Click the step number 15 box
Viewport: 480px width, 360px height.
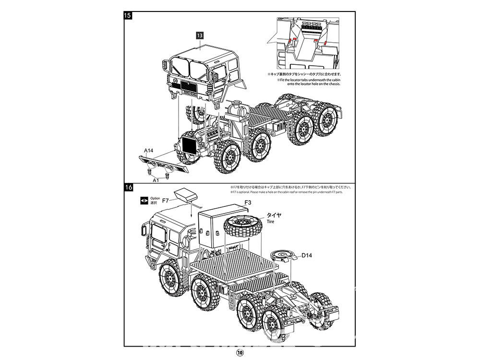tap(128, 15)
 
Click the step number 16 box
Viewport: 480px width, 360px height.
tap(128, 188)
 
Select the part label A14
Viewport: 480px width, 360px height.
tap(149, 151)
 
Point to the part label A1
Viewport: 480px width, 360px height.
tap(156, 180)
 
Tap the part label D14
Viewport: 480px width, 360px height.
tap(307, 255)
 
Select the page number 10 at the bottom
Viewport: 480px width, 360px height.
tap(240, 352)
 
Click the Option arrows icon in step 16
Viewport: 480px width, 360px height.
tap(144, 200)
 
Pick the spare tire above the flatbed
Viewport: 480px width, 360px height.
tap(242, 226)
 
